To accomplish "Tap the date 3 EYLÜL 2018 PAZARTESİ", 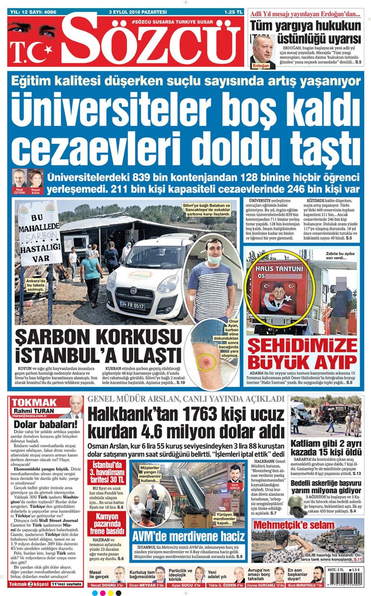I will coord(138,12).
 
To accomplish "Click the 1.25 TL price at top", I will coord(233,12).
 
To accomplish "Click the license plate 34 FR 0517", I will coord(132,305).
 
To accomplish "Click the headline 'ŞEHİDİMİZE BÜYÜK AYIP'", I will coord(302,354).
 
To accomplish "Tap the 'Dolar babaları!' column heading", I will coord(45,424).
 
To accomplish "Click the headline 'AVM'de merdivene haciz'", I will coord(188,536).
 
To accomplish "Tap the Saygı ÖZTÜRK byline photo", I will coord(19,179).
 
